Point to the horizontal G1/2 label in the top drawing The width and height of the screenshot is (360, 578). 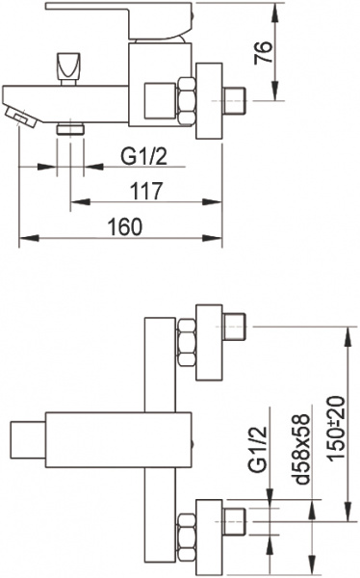[x=141, y=154]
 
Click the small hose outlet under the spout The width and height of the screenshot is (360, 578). [x=69, y=126]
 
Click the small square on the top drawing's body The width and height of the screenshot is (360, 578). [x=157, y=99]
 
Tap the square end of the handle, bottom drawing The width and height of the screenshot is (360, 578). [x=20, y=440]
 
